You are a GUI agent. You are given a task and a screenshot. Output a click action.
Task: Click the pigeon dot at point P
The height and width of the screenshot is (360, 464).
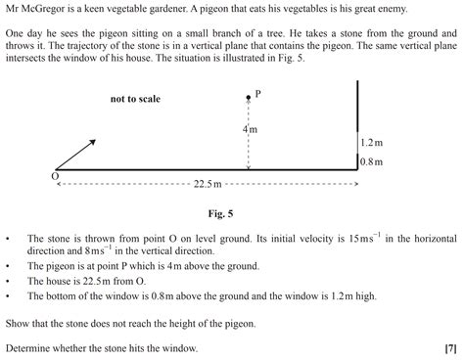coord(249,99)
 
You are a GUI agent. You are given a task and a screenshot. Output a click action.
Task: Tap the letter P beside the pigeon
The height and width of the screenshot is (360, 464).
coord(258,94)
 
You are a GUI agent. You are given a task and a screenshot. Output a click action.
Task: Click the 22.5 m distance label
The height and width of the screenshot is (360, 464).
coord(209,183)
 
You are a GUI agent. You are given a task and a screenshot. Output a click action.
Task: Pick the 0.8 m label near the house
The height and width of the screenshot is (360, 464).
coord(372,161)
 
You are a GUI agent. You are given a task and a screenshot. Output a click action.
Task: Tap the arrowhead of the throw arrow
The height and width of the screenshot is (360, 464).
coord(93,141)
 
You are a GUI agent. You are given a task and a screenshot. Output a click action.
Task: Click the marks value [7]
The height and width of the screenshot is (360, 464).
coord(450,347)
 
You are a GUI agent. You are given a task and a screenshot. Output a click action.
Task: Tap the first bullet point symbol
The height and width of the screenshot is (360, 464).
coord(8,238)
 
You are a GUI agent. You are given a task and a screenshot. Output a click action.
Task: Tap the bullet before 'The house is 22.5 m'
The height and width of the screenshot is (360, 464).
coord(8,279)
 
